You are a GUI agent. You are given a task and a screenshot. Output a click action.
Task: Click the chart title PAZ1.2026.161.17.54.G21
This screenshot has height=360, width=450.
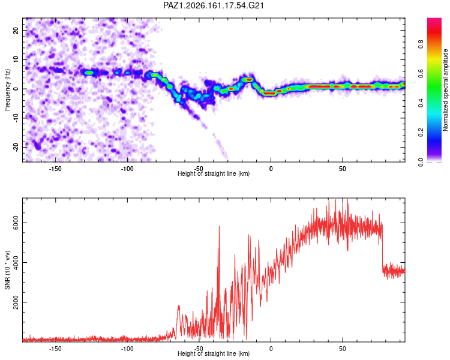pos(213,5)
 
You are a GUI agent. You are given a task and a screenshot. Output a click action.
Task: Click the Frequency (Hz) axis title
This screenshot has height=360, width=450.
pos(7,90)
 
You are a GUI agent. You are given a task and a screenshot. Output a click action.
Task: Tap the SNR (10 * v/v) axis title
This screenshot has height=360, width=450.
pos(7,270)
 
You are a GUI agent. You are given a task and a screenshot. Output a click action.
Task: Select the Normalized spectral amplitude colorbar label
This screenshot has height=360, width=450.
pos(445,90)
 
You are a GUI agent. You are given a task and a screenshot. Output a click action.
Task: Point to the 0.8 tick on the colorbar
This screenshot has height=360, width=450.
pos(421,44)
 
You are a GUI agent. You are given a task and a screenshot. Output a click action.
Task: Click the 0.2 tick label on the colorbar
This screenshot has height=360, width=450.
pos(421,133)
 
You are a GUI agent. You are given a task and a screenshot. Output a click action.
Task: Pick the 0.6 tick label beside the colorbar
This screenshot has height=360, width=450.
pos(421,73)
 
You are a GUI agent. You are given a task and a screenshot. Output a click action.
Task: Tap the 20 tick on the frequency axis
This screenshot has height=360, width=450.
pos(16,30)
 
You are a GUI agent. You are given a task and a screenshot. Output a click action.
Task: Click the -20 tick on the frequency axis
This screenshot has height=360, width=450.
pos(16,147)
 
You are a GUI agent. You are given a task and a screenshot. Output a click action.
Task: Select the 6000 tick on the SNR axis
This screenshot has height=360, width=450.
pos(16,223)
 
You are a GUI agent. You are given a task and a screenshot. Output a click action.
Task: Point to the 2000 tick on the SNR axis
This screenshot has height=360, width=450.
pos(16,302)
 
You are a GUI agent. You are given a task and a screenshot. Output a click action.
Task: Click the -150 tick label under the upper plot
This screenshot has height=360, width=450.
pos(55,169)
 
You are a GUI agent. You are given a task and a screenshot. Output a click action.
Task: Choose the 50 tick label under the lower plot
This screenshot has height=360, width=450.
pos(343,349)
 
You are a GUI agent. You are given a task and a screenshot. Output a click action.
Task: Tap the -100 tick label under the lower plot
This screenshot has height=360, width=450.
pos(127,349)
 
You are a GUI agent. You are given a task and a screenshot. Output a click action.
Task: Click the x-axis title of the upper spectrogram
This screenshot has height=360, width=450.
pos(214,173)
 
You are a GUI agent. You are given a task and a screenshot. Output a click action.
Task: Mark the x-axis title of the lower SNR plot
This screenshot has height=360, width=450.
pos(214,353)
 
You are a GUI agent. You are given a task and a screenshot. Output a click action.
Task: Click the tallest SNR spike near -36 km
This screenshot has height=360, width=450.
pos(219,227)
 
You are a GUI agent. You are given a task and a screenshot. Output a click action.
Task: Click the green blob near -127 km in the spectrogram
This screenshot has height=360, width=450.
pos(89,73)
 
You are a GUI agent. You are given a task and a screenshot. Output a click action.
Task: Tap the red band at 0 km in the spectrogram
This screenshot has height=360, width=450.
pos(270,94)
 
